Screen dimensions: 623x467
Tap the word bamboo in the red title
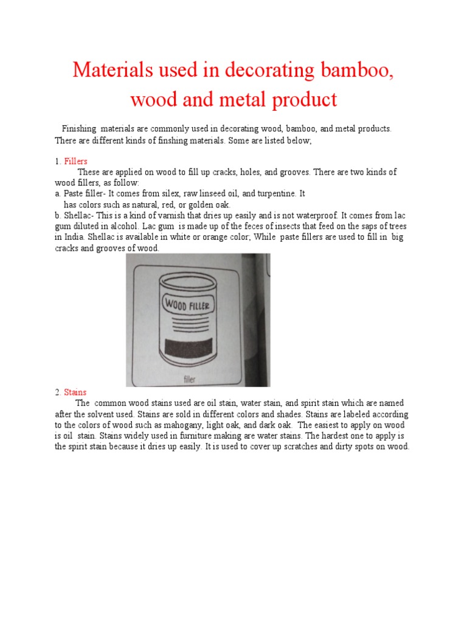pos(350,71)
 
